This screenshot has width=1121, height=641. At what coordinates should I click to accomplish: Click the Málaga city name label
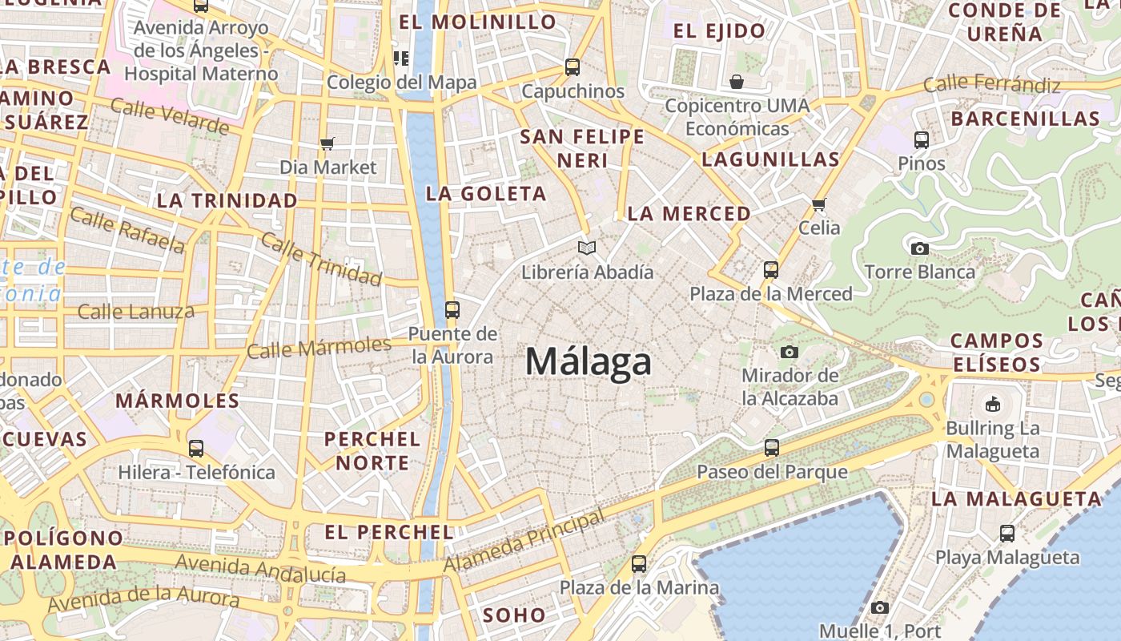[589, 362]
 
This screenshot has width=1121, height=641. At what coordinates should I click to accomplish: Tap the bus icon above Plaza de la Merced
[771, 270]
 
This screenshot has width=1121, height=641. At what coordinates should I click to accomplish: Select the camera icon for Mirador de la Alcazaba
[790, 352]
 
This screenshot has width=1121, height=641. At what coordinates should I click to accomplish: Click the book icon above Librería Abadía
[587, 248]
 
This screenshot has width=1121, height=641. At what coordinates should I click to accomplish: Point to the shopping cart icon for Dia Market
[327, 144]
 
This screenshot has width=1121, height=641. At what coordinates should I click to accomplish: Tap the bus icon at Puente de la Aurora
[452, 310]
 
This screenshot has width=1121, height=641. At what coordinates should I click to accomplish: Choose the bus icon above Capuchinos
[573, 67]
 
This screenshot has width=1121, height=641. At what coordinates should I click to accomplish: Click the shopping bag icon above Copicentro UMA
[737, 82]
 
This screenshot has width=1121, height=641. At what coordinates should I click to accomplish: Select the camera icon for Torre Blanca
[920, 248]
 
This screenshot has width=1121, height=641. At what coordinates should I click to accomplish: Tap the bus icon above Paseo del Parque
[772, 448]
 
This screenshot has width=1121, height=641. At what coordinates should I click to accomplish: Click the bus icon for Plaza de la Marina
[639, 564]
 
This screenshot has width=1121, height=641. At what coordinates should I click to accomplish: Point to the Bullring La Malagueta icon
[993, 404]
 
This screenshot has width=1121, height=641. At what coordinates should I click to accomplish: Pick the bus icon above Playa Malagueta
[1007, 534]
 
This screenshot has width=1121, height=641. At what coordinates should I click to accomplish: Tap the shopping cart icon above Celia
[819, 205]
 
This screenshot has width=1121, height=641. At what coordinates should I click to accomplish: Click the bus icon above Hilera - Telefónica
[196, 449]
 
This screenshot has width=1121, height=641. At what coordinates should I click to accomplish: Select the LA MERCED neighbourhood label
[689, 214]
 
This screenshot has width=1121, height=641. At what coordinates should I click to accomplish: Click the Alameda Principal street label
[525, 542]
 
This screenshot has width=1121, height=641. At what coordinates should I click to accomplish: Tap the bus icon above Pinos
[922, 140]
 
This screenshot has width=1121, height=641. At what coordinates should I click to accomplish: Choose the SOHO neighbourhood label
[515, 615]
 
